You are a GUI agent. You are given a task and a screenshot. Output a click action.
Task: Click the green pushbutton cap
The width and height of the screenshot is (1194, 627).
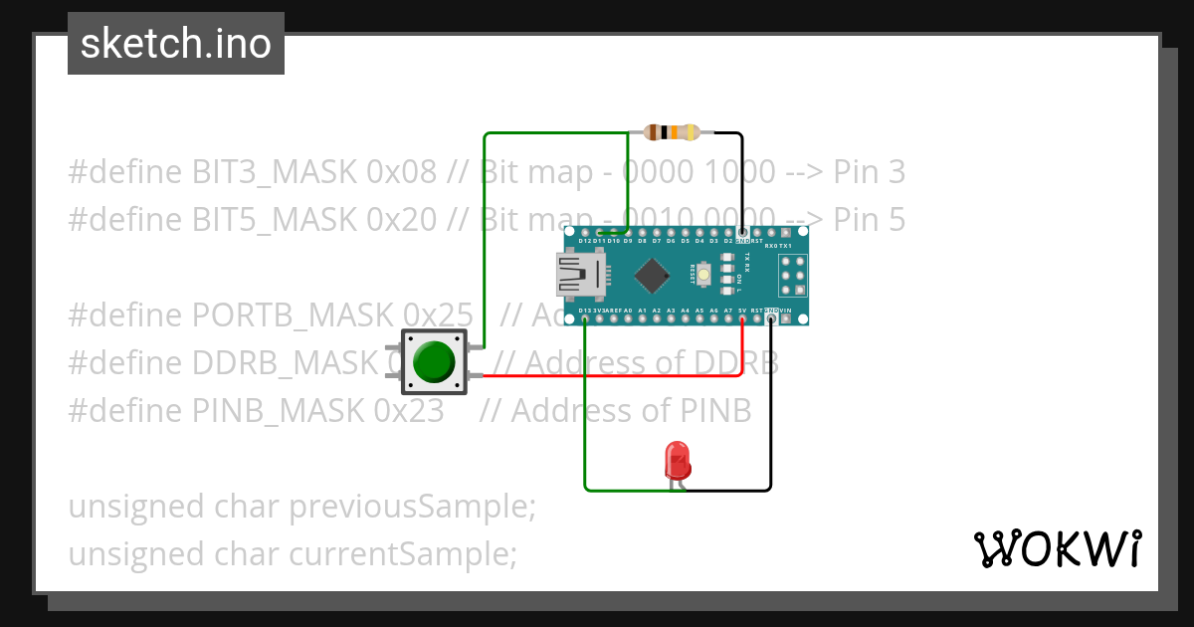[x=434, y=361]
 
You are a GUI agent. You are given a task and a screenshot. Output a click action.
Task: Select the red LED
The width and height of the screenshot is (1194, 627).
[x=677, y=461]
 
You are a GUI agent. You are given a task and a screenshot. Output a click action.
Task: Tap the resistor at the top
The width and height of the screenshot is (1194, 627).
[x=673, y=132]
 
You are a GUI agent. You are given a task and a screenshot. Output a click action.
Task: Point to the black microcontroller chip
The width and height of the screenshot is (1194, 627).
[x=650, y=276]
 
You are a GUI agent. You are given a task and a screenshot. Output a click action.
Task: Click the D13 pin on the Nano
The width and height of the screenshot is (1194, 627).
[x=584, y=319]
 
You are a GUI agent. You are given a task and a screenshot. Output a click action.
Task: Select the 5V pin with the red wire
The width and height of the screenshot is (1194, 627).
[x=742, y=319]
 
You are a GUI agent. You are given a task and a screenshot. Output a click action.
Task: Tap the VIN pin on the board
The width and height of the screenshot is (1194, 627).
[x=786, y=319]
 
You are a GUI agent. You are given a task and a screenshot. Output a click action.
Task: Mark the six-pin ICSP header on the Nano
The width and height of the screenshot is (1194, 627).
[x=793, y=276]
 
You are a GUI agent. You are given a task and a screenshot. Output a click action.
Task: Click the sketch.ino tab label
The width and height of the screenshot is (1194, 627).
[x=175, y=44]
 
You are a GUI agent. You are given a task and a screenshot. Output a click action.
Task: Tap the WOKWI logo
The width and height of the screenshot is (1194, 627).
[x=1056, y=548]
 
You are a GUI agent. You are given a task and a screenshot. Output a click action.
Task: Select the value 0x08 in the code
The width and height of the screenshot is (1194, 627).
[x=401, y=172]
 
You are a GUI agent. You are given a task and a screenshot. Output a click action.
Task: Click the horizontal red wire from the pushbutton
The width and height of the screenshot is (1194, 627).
[x=617, y=376]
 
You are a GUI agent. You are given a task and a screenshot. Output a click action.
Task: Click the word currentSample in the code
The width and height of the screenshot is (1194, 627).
[x=402, y=553]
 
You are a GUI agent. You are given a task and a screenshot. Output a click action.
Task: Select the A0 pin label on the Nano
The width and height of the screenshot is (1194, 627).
[x=628, y=312]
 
